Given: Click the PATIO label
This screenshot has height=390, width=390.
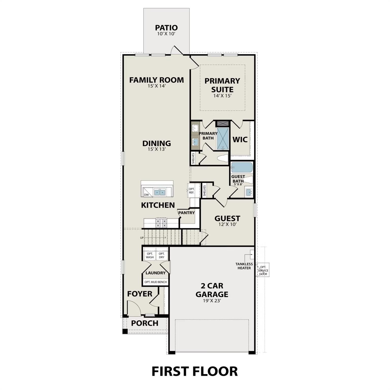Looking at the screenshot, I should pos(166,27).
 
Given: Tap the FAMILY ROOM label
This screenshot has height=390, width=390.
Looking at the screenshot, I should pos(156,80).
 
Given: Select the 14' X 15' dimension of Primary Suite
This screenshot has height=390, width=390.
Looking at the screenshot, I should pos(222,96).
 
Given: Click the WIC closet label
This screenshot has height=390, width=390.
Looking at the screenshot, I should pos(240,139).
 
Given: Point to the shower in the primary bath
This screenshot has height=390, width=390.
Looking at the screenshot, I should pos(223,138).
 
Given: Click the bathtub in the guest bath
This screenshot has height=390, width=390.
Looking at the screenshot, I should pos(242,168).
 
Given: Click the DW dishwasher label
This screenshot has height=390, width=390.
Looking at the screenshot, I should pos(146,195).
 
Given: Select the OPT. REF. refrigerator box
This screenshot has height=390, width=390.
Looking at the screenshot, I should pos(191,191).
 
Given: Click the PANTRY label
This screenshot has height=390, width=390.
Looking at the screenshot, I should pos(186,213).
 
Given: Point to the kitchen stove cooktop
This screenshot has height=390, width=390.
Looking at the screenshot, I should pos(161,223).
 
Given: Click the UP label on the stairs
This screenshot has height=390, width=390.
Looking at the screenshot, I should pos(142,238).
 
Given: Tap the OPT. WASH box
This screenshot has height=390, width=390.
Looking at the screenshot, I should pos(150,255).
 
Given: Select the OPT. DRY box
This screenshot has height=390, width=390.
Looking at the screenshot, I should pos(161,255).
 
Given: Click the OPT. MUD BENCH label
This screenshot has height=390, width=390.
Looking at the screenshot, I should pos(155,282).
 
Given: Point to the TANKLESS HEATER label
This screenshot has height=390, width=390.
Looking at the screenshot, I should pos(244,266).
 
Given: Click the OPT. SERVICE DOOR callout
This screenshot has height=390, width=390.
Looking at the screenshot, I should pos(263,270).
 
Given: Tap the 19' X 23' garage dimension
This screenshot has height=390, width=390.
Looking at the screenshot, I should pos(212,301).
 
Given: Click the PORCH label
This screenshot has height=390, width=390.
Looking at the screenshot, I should pos(145,323).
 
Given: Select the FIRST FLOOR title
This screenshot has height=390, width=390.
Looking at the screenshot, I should pos(194,371).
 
